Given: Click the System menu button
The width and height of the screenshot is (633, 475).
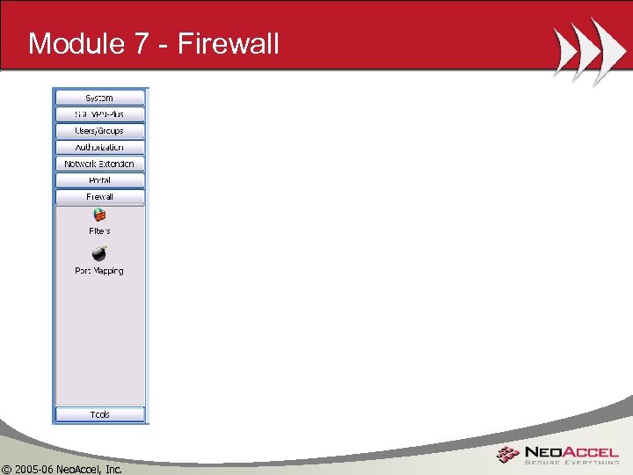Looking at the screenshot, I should tap(99, 98).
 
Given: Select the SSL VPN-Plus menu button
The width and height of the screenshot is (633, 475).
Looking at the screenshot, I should tap(99, 114).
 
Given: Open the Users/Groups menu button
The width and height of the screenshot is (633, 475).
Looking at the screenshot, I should tap(99, 130).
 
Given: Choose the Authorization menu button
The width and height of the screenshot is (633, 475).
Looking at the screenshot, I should tap(99, 147).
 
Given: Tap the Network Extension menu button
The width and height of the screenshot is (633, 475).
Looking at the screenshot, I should tap(99, 164).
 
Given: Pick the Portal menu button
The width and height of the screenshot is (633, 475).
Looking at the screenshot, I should tap(99, 180).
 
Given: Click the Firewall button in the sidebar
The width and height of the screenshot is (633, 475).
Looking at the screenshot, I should tap(99, 197).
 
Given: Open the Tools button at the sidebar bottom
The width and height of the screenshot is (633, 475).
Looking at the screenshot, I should tap(99, 414).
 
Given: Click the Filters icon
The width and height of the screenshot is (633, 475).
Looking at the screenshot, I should tap(99, 215).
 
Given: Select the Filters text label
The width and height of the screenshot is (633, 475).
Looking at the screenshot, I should tap(99, 230).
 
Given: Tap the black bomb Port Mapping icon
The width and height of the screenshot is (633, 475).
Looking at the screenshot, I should tap(99, 253).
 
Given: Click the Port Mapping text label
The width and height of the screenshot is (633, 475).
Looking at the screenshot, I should tap(99, 271).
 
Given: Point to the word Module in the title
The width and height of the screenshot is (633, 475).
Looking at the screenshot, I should tap(76, 43).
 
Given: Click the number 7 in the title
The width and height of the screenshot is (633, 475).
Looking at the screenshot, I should tap(142, 43).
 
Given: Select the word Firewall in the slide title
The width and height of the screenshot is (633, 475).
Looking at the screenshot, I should tap(229, 43).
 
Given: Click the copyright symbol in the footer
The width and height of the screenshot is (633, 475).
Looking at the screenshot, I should tap(7, 468).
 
